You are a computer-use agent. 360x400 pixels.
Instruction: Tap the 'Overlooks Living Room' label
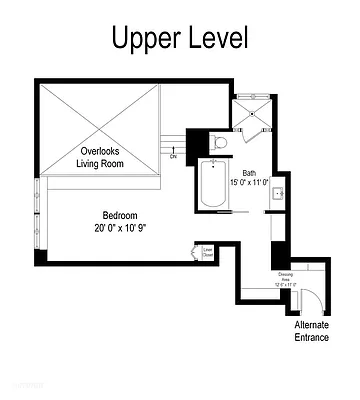click(x=101, y=157)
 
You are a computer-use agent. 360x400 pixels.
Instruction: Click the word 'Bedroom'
click(x=120, y=215)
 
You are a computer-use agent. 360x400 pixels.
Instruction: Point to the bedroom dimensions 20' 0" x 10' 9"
click(x=120, y=227)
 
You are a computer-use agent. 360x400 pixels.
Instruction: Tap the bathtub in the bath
click(x=212, y=186)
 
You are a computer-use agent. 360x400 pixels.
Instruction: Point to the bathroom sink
click(x=281, y=192)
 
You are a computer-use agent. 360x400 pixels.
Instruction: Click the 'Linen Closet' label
click(x=208, y=252)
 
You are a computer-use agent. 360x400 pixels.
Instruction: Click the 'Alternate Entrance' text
click(x=311, y=331)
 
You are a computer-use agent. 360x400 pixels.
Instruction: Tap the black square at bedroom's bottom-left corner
click(x=40, y=256)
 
